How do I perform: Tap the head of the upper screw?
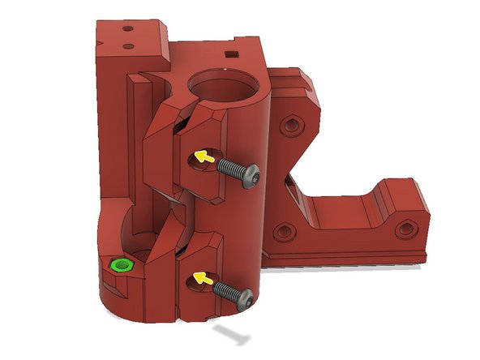click(252, 173)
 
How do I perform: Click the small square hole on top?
click(234, 55)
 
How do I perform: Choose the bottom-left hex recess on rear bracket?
click(284, 232)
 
